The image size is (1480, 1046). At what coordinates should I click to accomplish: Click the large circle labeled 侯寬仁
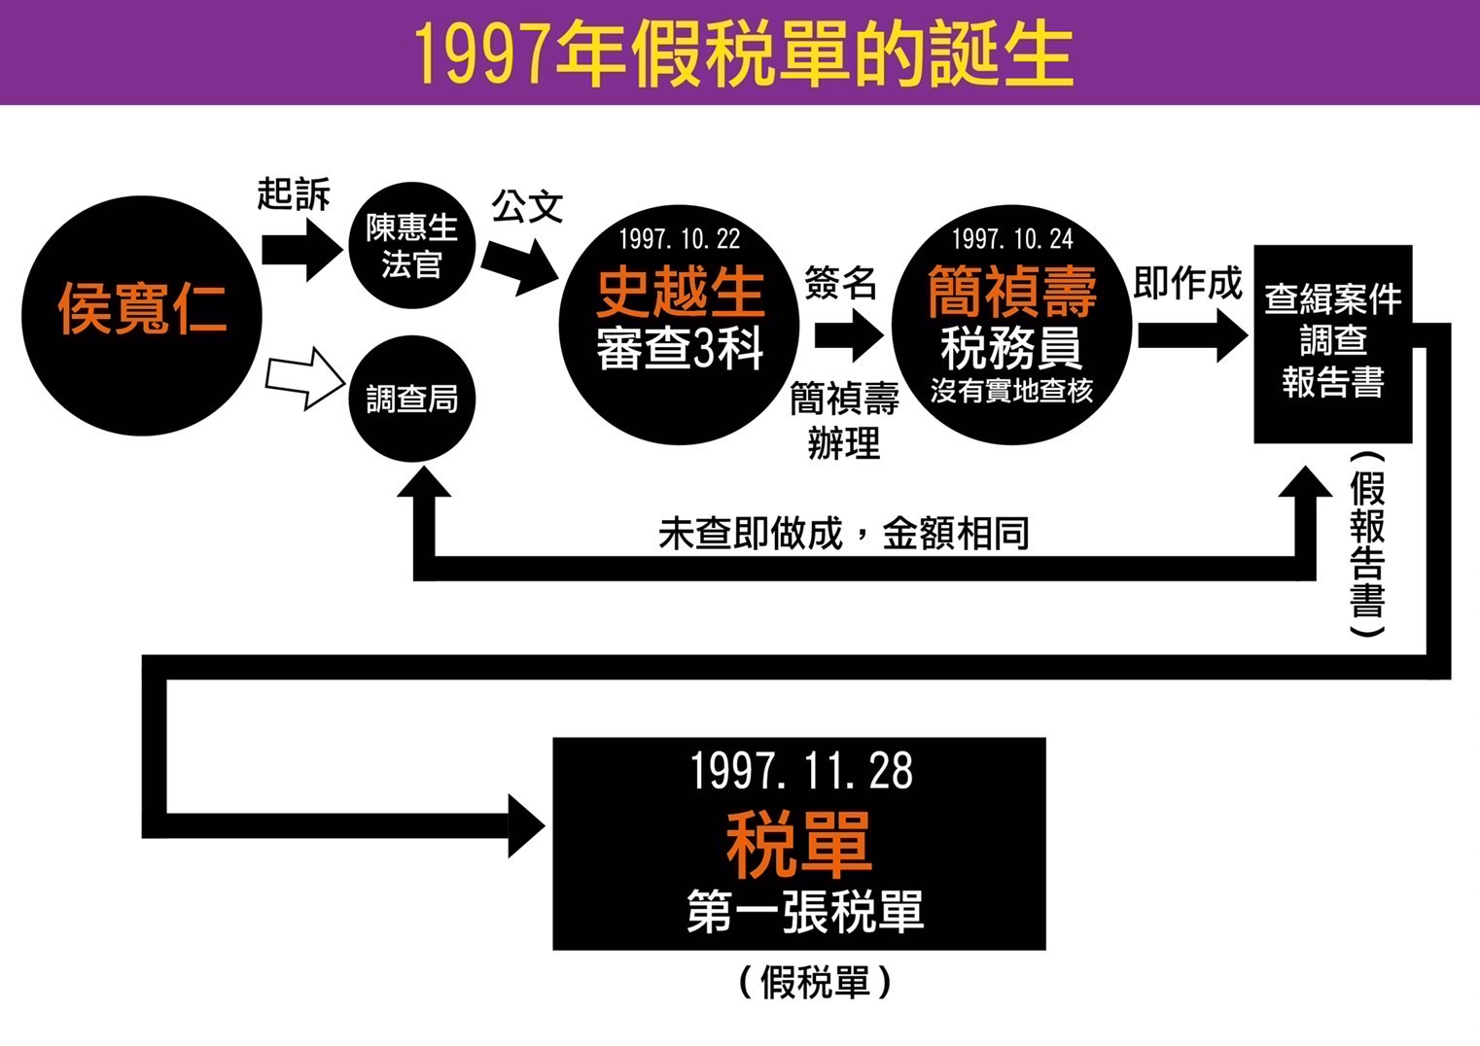click(142, 313)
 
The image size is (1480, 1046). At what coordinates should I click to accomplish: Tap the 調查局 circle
click(412, 399)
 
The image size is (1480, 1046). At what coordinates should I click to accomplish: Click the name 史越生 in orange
click(680, 291)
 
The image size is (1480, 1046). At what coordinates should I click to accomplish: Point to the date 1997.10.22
click(680, 239)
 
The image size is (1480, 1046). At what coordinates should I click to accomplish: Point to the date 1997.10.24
click(1012, 239)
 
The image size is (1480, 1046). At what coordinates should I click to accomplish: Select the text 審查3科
click(680, 348)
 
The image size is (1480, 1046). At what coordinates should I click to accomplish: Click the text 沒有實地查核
click(1012, 391)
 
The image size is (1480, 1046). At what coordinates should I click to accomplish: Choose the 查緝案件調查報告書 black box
click(1332, 343)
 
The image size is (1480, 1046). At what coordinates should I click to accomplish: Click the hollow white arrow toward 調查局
click(304, 378)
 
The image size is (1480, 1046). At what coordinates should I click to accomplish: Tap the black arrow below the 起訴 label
click(301, 250)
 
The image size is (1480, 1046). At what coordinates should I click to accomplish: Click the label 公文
click(527, 206)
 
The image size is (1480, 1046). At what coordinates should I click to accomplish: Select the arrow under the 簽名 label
click(849, 335)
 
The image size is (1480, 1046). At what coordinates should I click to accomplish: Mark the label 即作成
click(1188, 284)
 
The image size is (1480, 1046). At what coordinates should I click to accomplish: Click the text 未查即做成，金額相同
click(843, 534)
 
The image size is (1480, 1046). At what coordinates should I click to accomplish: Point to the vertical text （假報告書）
click(1367, 544)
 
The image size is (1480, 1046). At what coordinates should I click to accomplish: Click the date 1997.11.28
click(801, 771)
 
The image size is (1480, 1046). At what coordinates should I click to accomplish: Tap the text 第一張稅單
click(804, 911)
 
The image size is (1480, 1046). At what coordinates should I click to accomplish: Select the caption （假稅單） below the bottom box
click(814, 982)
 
